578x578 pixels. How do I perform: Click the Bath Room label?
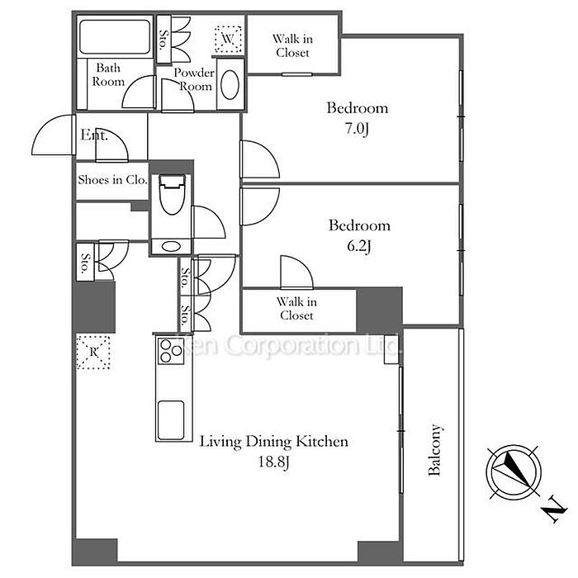point(108,75)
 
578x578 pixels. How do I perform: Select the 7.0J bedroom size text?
point(357,128)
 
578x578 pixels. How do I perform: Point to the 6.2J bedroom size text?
point(358,245)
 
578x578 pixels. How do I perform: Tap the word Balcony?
point(435,451)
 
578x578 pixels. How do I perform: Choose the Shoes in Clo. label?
point(111,179)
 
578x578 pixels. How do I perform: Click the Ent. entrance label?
point(94,135)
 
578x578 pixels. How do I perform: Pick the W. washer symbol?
point(227,38)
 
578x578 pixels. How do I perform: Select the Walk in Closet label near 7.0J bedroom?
point(293,46)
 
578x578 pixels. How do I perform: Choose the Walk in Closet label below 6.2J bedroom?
point(296,309)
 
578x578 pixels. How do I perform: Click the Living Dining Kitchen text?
point(273,442)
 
